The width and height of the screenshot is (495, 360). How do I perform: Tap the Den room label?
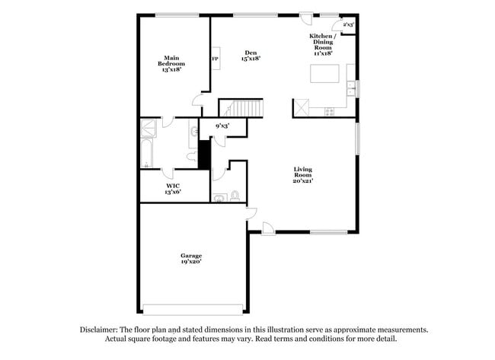[251, 55]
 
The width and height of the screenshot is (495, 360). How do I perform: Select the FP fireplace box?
[216, 59]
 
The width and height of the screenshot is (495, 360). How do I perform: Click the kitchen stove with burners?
[329, 112]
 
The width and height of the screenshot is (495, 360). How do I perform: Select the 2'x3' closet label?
[347, 25]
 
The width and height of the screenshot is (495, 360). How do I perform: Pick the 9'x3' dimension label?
[222, 125]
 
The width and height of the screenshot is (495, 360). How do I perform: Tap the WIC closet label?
[173, 189]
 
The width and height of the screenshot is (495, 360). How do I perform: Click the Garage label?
[190, 258]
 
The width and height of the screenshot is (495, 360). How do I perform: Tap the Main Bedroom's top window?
[171, 15]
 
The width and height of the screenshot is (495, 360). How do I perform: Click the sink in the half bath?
[220, 198]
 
